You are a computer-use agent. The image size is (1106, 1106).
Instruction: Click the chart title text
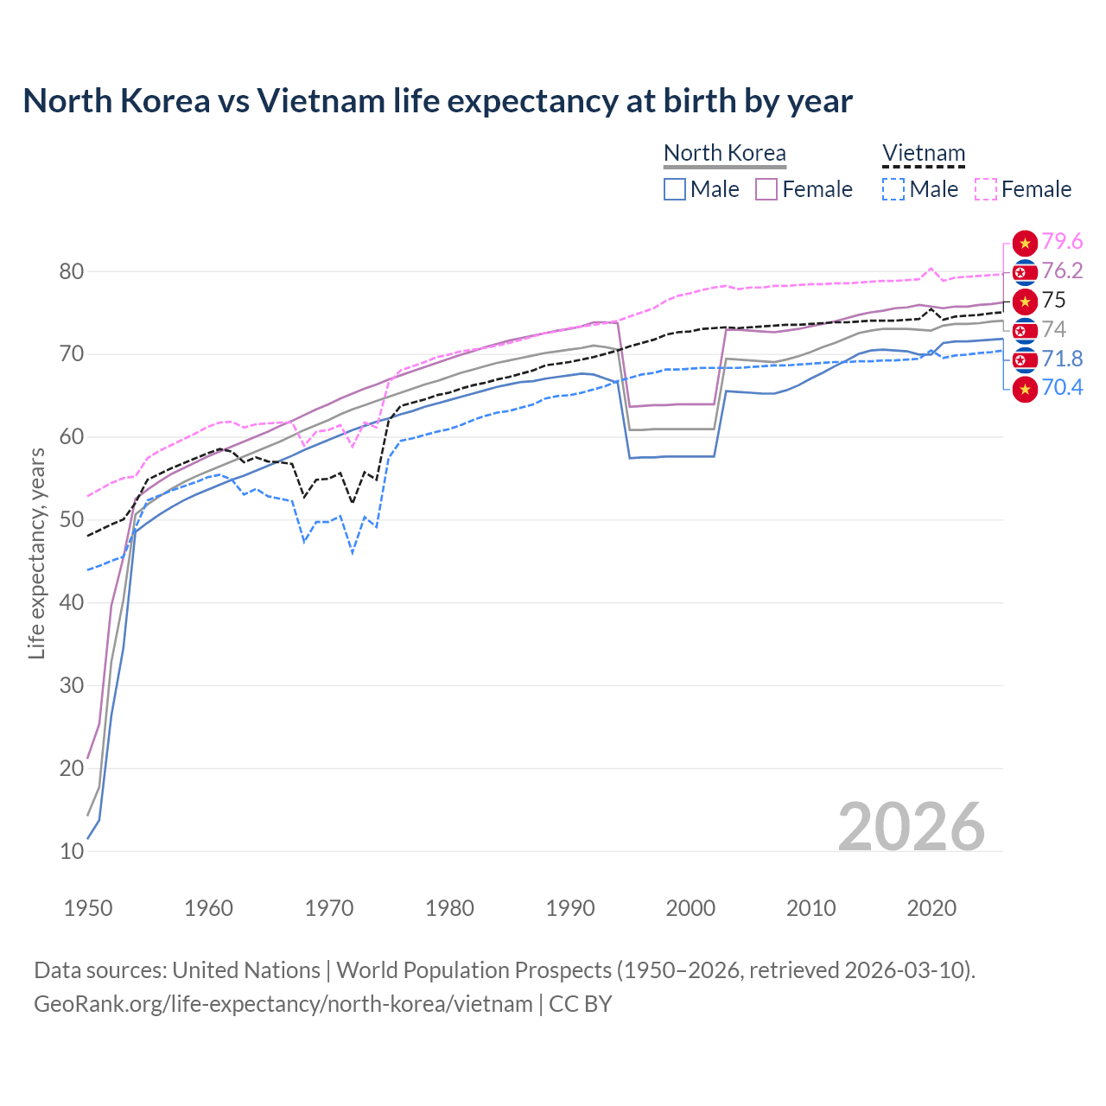[437, 101]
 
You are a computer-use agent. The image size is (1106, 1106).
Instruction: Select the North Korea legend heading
[724, 153]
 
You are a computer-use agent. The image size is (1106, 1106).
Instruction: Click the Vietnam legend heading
[923, 153]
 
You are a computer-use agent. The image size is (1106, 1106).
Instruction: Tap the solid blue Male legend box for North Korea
[675, 189]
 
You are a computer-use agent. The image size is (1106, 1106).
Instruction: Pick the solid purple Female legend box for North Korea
[766, 189]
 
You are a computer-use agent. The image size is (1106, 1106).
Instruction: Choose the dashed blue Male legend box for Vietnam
[893, 189]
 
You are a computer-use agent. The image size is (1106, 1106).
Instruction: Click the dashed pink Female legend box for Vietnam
[986, 189]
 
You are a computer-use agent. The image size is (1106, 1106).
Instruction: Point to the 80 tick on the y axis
[72, 271]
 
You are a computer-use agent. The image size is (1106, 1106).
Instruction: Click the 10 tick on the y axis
[72, 851]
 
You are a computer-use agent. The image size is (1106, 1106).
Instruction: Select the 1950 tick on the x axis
[88, 908]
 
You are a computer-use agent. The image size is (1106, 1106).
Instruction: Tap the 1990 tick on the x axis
[570, 908]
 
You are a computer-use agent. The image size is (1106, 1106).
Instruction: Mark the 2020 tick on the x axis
[931, 908]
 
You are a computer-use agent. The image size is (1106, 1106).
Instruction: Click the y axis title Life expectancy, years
[36, 553]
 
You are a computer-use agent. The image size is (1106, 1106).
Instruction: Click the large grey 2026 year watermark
[911, 827]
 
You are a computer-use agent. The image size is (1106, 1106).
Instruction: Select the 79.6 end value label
[1062, 242]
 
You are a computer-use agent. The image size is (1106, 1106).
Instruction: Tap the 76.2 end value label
[1062, 271]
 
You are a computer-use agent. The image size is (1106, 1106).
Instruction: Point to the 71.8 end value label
[1062, 359]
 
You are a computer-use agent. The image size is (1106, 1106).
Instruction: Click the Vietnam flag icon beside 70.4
[1025, 390]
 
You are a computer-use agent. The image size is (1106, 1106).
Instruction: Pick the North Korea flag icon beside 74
[1025, 330]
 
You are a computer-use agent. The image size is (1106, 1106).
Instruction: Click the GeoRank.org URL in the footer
[283, 1004]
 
